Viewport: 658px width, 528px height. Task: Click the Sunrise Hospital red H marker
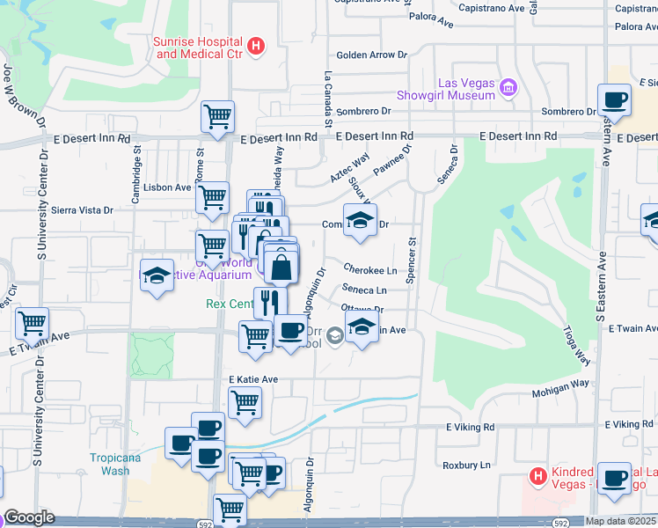pos(256,46)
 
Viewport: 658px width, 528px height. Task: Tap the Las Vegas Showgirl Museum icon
pos(508,87)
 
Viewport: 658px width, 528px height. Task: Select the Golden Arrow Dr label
pos(372,55)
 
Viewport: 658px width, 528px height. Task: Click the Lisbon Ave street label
pos(171,187)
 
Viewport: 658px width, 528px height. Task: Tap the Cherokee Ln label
pos(370,269)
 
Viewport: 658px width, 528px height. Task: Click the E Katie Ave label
pos(252,379)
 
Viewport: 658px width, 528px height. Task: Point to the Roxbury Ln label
pos(466,465)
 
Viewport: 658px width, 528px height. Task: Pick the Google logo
pos(29,517)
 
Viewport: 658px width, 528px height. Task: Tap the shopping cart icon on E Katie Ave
pos(245,402)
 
